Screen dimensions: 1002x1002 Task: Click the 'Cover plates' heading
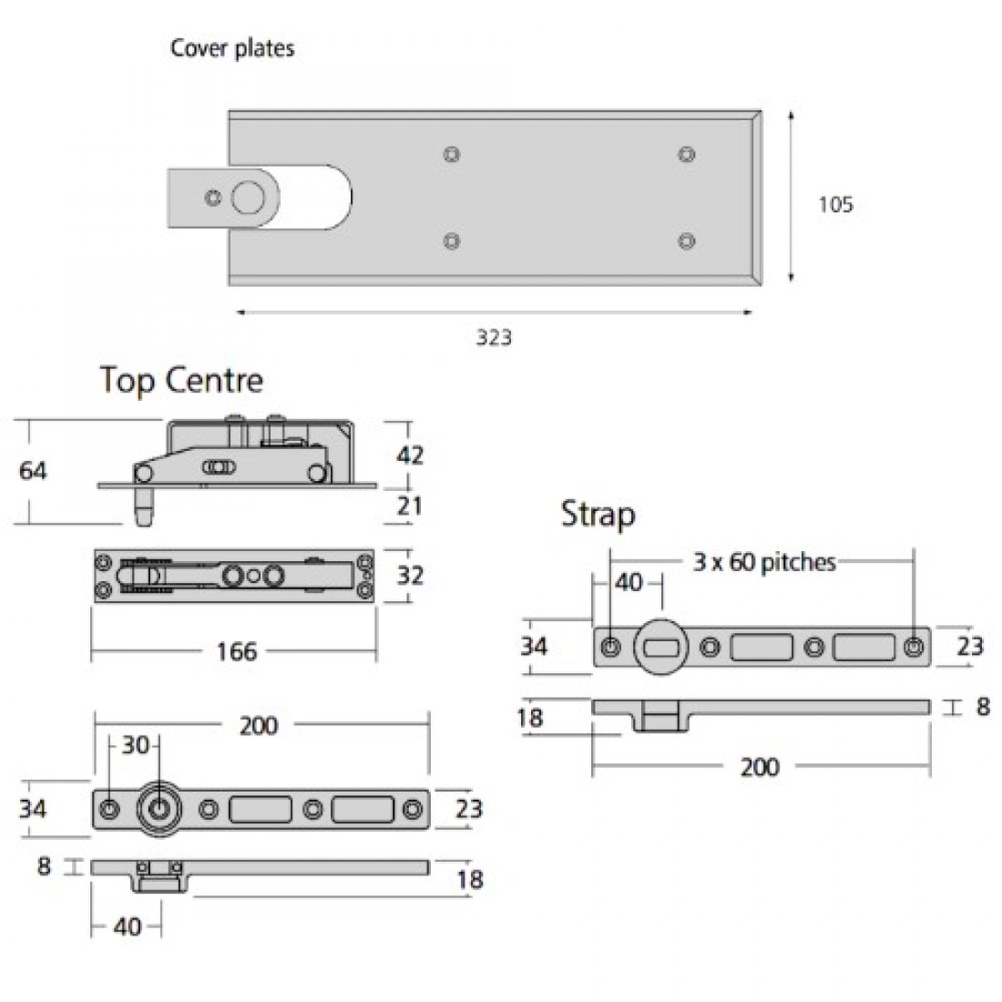(232, 48)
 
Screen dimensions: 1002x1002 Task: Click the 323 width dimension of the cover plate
(494, 338)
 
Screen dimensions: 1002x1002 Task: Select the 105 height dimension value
(835, 204)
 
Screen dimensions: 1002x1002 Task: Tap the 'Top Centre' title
(181, 379)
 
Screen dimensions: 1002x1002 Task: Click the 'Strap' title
(598, 515)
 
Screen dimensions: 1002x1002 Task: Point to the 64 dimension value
(33, 471)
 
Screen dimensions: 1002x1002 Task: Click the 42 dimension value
(410, 455)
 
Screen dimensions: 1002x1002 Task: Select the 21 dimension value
(410, 504)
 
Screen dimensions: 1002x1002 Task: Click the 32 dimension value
(410, 576)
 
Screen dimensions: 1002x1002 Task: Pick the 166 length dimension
(236, 651)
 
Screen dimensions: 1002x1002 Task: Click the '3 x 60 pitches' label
(763, 562)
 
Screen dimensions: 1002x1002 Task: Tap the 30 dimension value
(135, 745)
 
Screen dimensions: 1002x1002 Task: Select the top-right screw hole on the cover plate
(686, 155)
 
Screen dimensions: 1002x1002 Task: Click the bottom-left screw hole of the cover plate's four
(451, 240)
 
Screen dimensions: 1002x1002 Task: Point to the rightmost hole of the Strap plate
(913, 646)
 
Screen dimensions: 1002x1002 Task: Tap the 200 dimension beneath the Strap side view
(759, 767)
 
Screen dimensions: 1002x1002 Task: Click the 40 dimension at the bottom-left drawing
(128, 926)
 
